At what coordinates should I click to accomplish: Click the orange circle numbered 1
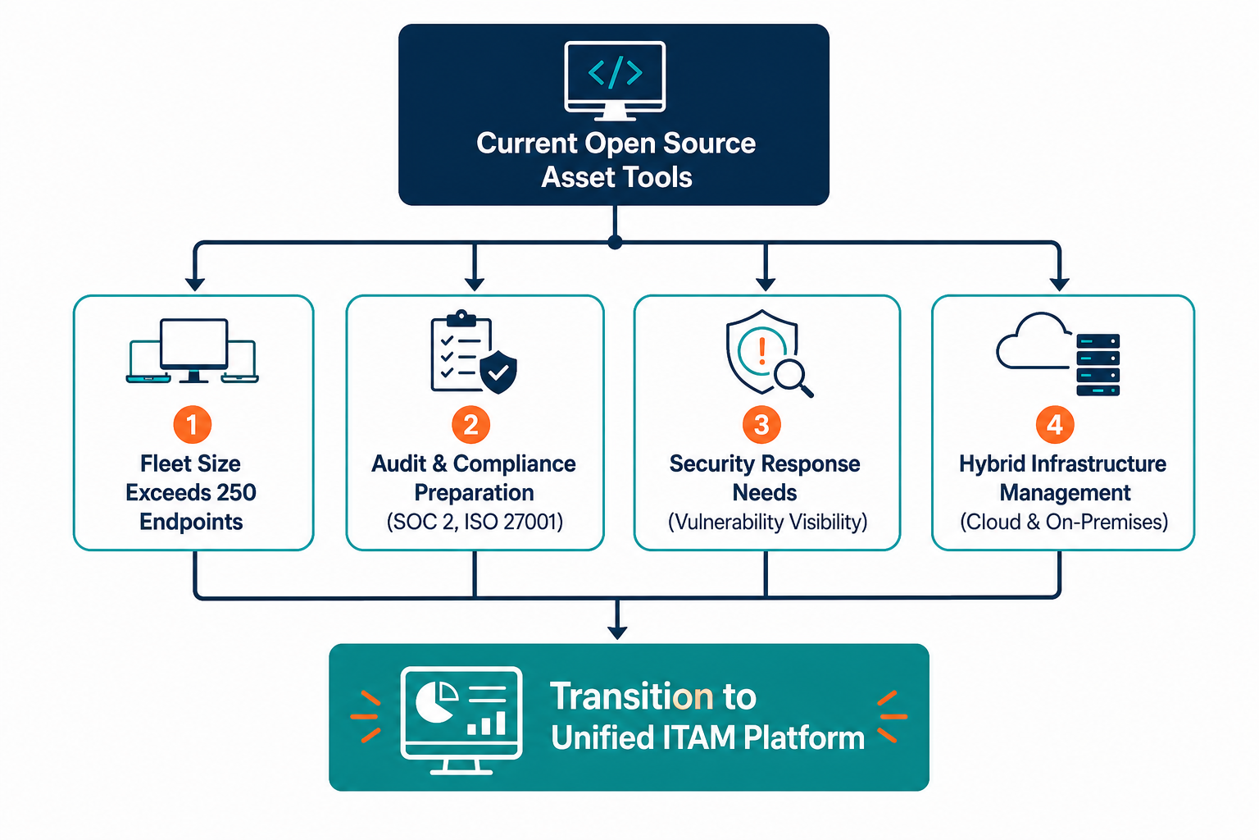[193, 425]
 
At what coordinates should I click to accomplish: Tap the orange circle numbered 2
[471, 425]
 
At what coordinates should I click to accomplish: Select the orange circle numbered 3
[761, 425]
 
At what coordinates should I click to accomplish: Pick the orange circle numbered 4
[1055, 425]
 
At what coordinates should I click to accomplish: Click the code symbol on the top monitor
[616, 72]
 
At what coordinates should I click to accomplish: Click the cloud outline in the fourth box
[1033, 341]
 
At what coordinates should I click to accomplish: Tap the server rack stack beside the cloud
[1098, 364]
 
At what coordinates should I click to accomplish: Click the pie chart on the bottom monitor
[436, 701]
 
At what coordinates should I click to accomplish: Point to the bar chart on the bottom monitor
[487, 723]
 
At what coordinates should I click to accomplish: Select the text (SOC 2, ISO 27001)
[475, 522]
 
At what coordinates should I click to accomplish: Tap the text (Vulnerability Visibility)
[767, 522]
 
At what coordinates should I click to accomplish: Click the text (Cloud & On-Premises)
[1063, 522]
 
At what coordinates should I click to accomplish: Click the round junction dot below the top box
[616, 243]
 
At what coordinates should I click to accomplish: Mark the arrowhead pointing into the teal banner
[617, 633]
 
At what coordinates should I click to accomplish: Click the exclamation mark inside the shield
[762, 350]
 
